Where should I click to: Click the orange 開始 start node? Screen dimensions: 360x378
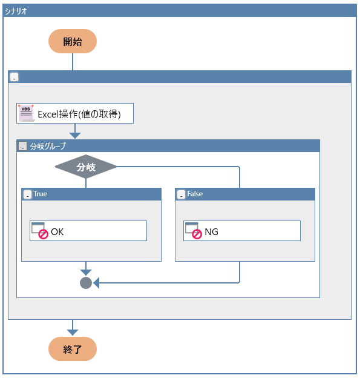click(73, 41)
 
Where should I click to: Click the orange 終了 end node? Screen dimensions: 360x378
click(73, 349)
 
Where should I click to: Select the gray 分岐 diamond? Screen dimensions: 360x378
click(86, 167)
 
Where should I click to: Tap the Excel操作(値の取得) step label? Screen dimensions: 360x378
click(79, 114)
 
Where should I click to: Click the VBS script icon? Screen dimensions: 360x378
click(26, 113)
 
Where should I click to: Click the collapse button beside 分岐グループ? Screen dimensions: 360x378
click(23, 146)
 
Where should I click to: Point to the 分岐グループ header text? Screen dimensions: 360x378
click(48, 146)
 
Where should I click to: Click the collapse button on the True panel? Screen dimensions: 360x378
click(27, 194)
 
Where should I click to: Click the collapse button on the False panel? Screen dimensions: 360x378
click(181, 194)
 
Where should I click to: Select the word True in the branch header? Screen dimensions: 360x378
click(40, 194)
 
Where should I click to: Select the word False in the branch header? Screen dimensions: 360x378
click(195, 194)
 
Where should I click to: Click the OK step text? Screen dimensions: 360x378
click(57, 231)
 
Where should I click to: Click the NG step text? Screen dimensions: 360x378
click(211, 231)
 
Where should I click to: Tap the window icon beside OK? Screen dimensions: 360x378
click(40, 231)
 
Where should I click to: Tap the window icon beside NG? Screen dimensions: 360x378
click(194, 231)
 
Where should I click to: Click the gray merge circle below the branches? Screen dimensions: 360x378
click(86, 283)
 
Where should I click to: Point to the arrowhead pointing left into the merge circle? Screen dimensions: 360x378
click(96, 283)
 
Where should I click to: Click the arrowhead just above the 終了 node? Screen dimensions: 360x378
click(73, 333)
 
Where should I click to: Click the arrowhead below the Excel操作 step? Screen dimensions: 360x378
click(75, 136)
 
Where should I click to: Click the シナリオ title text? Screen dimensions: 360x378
click(16, 11)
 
